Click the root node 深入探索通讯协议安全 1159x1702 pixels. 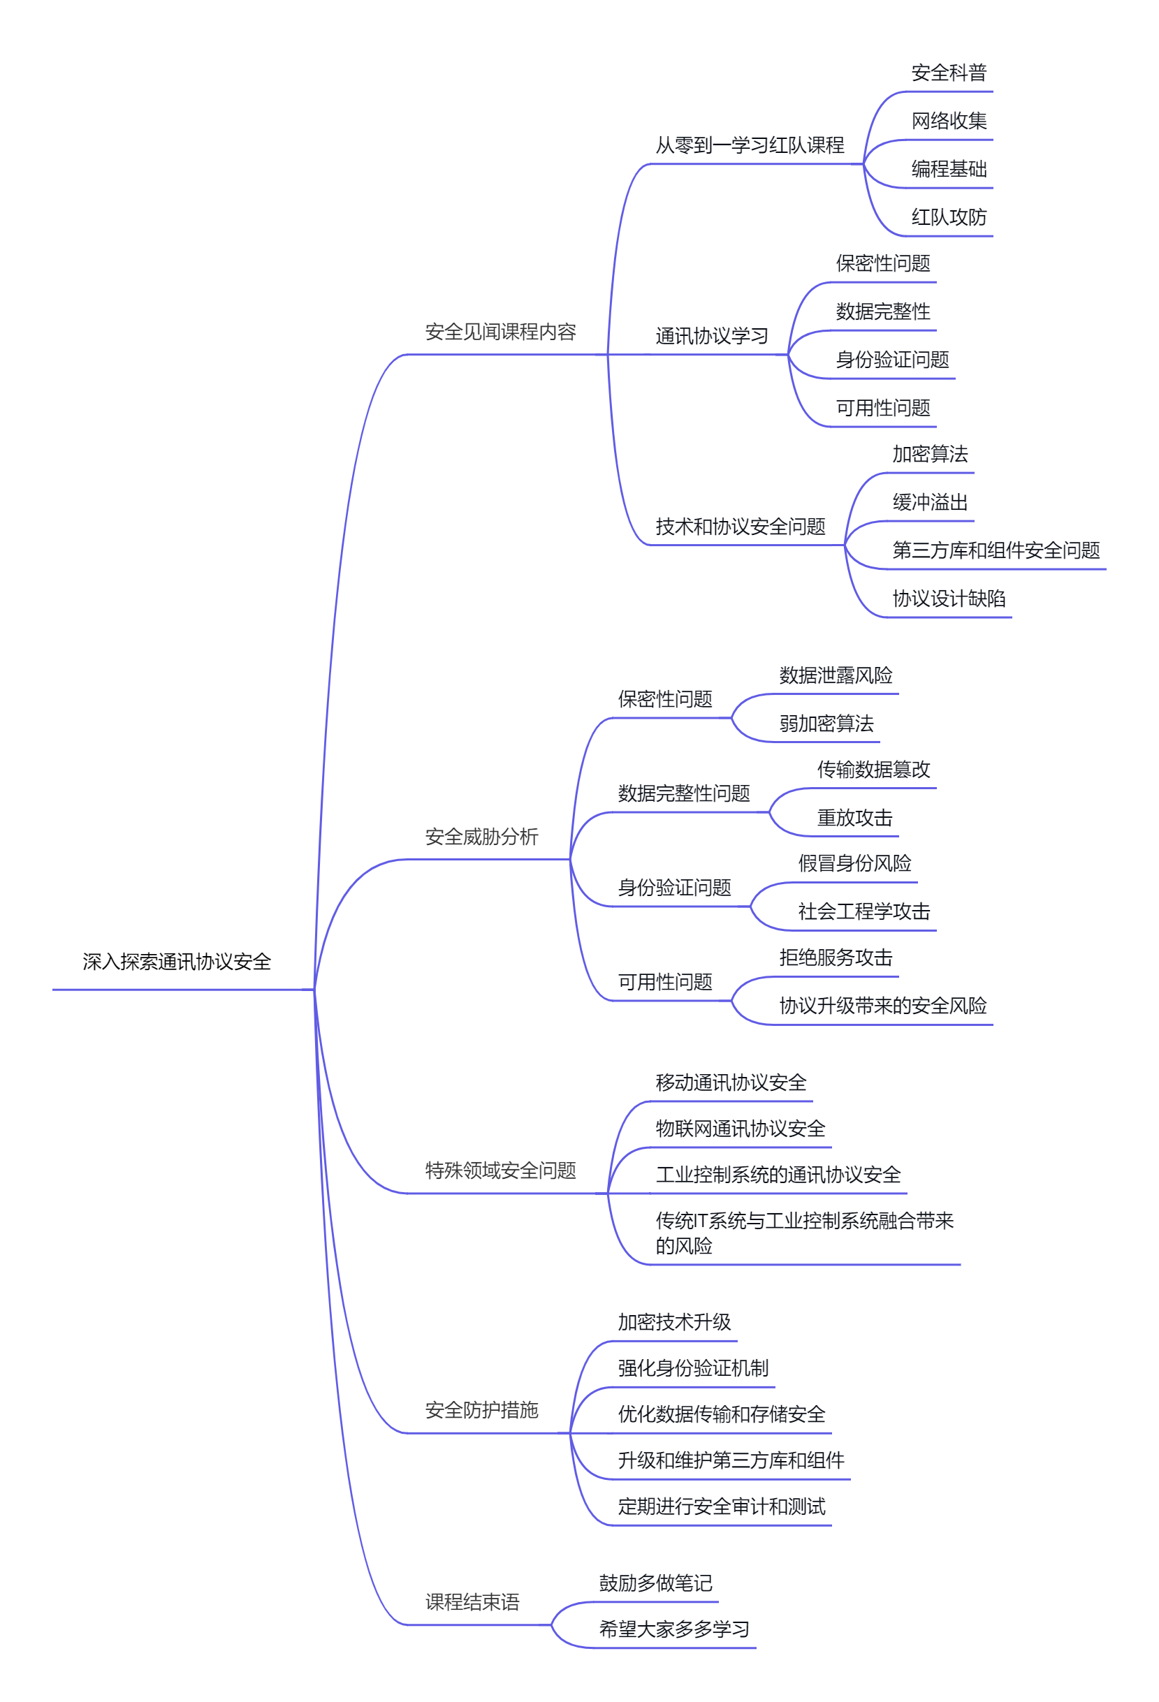click(177, 962)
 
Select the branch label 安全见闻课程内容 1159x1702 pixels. click(500, 332)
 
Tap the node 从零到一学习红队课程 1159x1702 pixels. click(749, 145)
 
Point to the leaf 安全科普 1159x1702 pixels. click(948, 73)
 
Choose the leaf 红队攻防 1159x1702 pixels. click(948, 217)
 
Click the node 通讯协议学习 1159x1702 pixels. click(711, 335)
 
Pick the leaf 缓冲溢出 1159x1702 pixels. click(929, 501)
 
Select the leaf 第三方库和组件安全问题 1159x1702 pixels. click(995, 550)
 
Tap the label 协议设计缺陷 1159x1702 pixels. click(948, 599)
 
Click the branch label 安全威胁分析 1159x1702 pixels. click(481, 837)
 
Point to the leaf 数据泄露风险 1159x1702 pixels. click(835, 675)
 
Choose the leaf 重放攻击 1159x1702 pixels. click(854, 817)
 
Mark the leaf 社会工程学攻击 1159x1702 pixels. click(863, 911)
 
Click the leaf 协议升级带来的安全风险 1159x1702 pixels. click(882, 1006)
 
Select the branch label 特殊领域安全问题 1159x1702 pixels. click(500, 1171)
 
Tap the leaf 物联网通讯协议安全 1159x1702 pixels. click(740, 1129)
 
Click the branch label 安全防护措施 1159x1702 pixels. click(481, 1410)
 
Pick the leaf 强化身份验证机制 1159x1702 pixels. click(692, 1368)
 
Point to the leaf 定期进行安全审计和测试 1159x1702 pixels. click(721, 1506)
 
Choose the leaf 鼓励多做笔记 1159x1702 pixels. click(655, 1583)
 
